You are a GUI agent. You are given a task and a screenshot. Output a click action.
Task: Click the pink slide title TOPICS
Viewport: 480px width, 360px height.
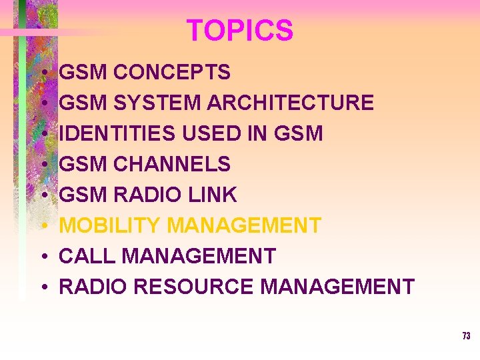[239, 31]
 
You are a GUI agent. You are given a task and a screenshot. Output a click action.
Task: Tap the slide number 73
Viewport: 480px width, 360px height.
[466, 336]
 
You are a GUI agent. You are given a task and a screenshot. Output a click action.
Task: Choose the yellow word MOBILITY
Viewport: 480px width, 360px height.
[111, 225]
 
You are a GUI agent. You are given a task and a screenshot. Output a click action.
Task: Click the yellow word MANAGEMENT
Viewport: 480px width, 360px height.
[244, 225]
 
